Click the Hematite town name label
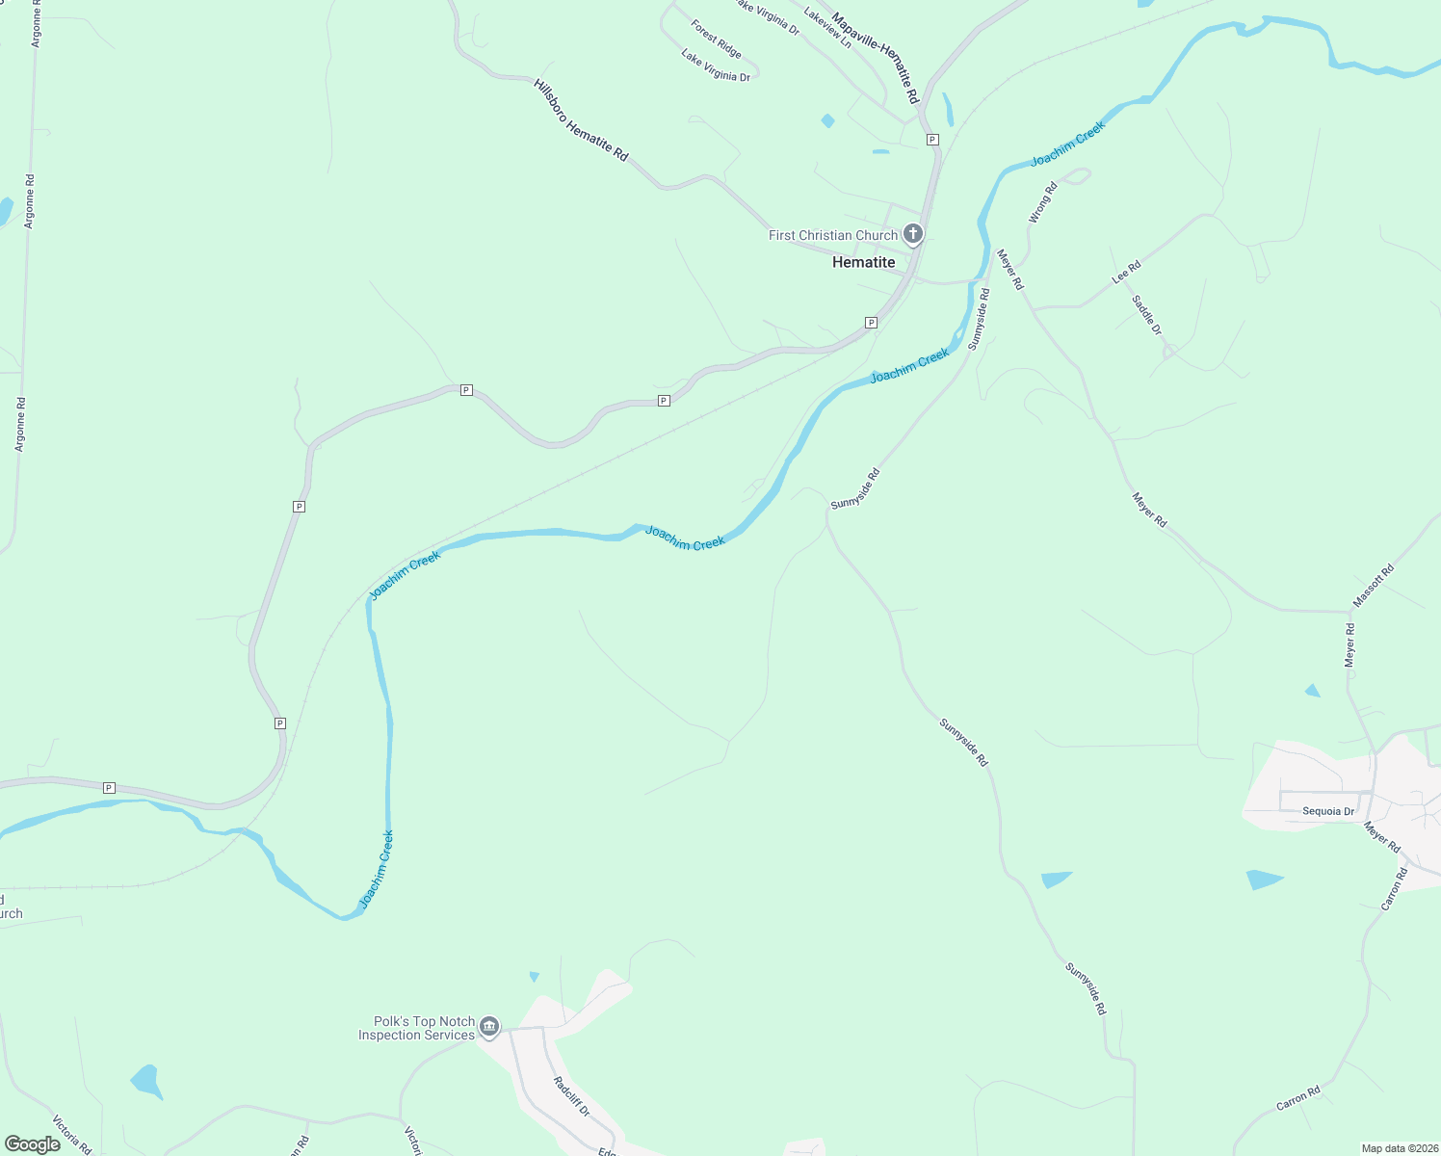click(863, 262)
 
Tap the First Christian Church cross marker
click(913, 234)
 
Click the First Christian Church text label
click(832, 235)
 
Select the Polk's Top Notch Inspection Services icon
click(489, 1028)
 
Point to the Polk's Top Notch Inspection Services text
click(416, 1028)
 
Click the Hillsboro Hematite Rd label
click(580, 120)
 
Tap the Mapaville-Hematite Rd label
click(876, 58)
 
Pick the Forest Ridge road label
click(716, 39)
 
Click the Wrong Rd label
click(1042, 202)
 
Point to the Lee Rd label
click(1126, 272)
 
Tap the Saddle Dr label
click(1146, 315)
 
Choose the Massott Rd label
click(1374, 585)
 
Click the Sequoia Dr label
click(1328, 811)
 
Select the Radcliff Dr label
click(571, 1096)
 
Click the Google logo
click(33, 1143)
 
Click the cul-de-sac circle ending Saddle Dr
click(1168, 351)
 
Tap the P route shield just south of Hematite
click(871, 323)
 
